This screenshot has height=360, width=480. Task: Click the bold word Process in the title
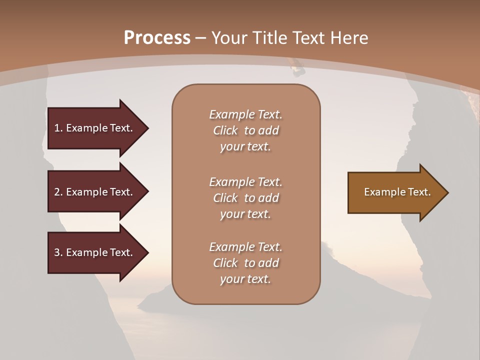(157, 38)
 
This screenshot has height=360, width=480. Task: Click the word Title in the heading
(269, 38)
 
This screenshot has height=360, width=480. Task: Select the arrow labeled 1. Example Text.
(95, 128)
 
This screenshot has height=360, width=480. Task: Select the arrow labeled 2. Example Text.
(95, 192)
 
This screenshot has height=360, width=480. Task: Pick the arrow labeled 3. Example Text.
(95, 252)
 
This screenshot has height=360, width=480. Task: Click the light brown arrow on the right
(395, 192)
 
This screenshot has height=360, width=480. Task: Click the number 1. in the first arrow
(58, 128)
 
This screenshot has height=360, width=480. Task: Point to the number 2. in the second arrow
(58, 192)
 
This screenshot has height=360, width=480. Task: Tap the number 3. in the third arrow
(58, 252)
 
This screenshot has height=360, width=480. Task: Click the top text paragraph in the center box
(245, 130)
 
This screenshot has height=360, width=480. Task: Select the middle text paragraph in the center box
(245, 197)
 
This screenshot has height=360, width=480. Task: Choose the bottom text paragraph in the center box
(245, 263)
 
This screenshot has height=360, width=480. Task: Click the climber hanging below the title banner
(297, 67)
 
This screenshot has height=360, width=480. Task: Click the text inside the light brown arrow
(397, 192)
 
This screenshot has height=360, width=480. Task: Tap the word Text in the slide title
(307, 38)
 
